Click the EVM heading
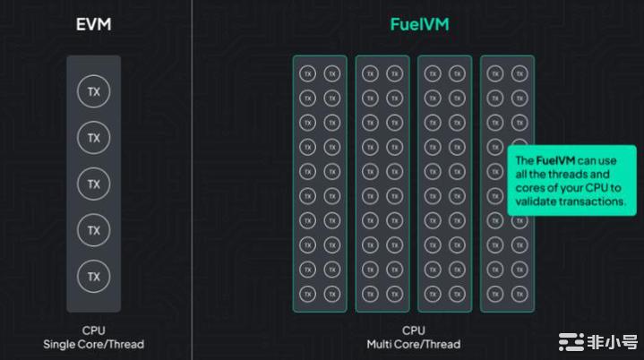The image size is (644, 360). click(x=93, y=24)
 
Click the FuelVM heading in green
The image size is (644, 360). click(x=419, y=24)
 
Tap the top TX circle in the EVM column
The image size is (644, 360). click(x=93, y=91)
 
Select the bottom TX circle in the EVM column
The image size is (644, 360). click(x=93, y=276)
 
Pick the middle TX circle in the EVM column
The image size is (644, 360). click(x=93, y=184)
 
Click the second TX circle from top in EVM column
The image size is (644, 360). click(x=93, y=137)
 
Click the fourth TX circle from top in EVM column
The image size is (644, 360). click(x=93, y=230)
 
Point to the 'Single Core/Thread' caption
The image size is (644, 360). click(x=93, y=344)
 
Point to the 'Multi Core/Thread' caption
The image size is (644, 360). click(x=414, y=344)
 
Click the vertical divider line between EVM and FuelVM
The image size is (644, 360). click(x=192, y=179)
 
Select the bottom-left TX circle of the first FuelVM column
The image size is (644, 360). click(x=307, y=294)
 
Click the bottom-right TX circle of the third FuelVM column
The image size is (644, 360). click(x=457, y=294)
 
